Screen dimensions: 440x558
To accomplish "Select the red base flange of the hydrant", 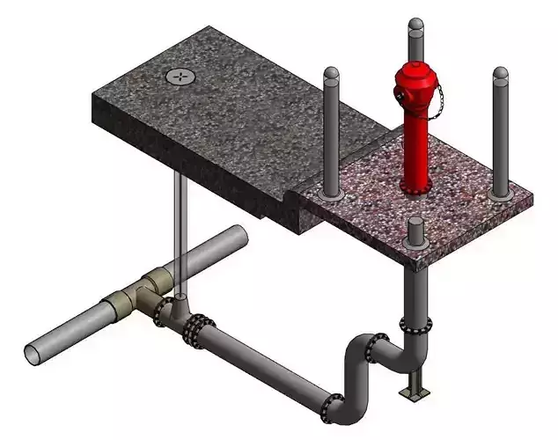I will (x=415, y=186).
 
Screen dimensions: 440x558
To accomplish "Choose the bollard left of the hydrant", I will (x=332, y=132).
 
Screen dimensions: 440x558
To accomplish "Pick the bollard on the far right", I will (x=500, y=132).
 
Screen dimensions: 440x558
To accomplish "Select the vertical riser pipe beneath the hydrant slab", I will (x=414, y=290).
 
